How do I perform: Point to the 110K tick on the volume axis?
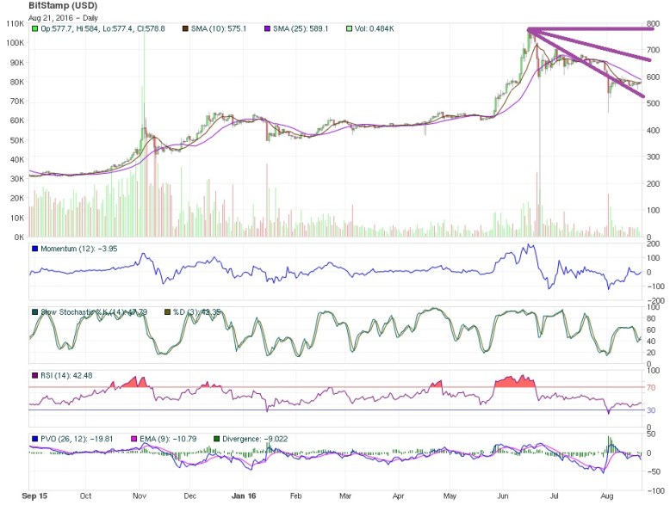(x=14, y=23)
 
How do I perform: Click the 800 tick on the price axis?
(x=654, y=23)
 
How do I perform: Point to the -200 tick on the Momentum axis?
(x=654, y=301)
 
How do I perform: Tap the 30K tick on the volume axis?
(x=16, y=179)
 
